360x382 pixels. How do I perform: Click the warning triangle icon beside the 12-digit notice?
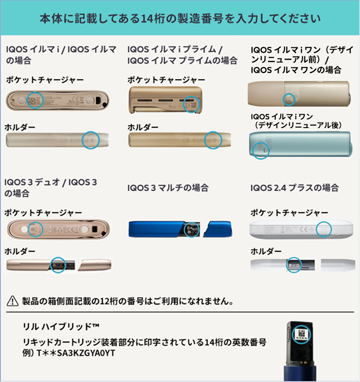click(x=11, y=301)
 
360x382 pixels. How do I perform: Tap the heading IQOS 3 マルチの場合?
click(x=168, y=188)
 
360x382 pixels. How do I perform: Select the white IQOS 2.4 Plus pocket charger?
click(x=297, y=229)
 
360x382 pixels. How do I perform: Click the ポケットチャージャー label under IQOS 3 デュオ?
click(x=44, y=212)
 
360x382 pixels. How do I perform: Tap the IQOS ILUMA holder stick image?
click(x=57, y=140)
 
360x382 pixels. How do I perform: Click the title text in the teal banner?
click(x=180, y=19)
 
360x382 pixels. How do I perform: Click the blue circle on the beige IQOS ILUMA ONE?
click(x=288, y=99)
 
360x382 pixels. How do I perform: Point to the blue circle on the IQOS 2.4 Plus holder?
click(x=293, y=264)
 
